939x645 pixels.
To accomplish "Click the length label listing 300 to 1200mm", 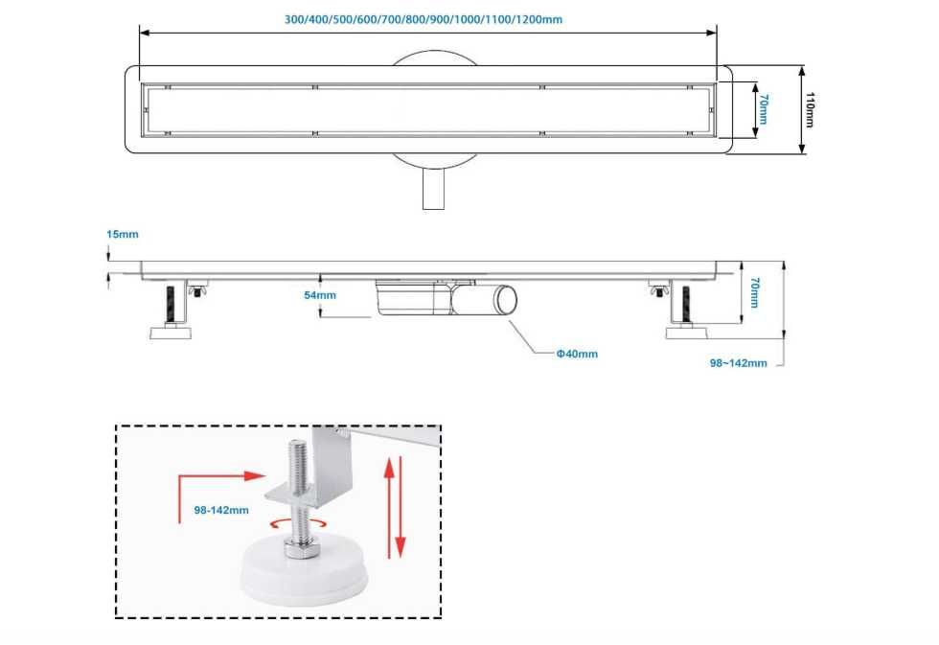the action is [x=423, y=19].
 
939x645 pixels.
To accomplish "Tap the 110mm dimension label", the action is [x=810, y=109].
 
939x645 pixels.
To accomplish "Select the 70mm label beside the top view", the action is [x=763, y=108].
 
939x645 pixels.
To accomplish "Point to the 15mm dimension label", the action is [x=123, y=234].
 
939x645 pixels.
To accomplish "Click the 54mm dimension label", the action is [x=320, y=295].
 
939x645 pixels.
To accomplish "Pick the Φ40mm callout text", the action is [x=577, y=354].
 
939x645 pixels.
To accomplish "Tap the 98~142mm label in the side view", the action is [x=739, y=363].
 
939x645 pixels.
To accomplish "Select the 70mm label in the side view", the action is [x=755, y=292].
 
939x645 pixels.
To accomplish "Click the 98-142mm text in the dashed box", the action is [x=221, y=510].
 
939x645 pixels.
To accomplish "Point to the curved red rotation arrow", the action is [x=298, y=524].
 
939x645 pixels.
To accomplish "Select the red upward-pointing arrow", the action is [x=389, y=507].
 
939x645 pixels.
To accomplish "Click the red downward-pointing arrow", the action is [x=401, y=507].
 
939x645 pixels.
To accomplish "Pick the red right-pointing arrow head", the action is [x=255, y=476].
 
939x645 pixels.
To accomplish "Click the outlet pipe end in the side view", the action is [x=506, y=299].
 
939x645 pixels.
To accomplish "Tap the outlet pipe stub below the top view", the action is [x=433, y=189].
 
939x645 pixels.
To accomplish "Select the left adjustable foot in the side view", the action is [x=172, y=310].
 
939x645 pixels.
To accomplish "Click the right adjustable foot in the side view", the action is [x=686, y=310].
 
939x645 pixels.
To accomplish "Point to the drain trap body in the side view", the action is [x=414, y=297].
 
